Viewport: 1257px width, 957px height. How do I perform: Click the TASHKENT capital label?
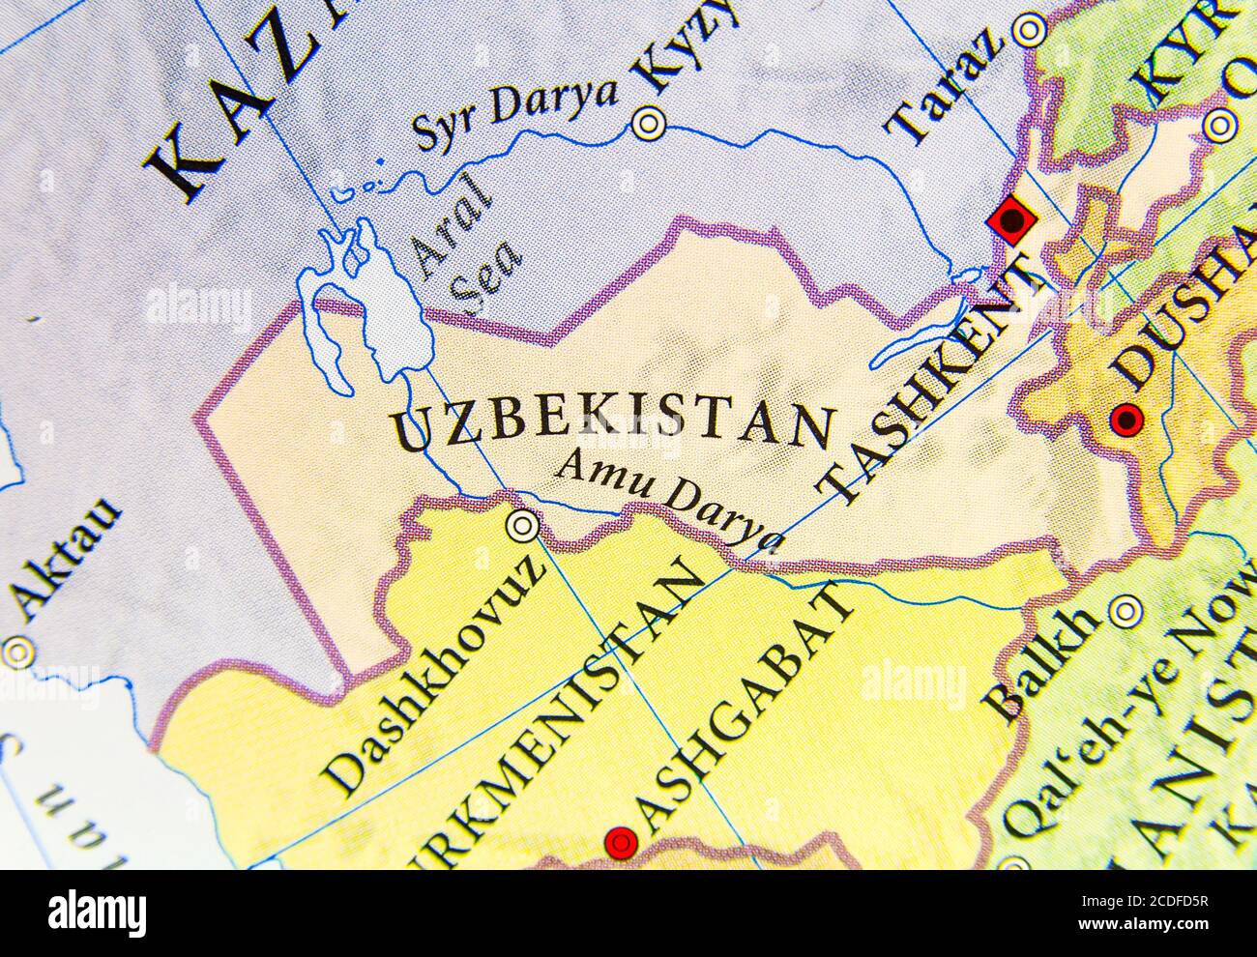pos(939,382)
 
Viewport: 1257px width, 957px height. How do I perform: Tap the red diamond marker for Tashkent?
pos(1011,220)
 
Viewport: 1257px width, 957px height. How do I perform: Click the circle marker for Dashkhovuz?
pos(523,525)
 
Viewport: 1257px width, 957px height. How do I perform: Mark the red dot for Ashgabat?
pos(619,843)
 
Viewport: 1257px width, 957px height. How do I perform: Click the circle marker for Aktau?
pos(17,652)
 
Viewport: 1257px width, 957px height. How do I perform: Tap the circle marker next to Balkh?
pos(1125,610)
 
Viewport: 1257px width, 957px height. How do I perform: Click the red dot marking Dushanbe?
pos(1126,420)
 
